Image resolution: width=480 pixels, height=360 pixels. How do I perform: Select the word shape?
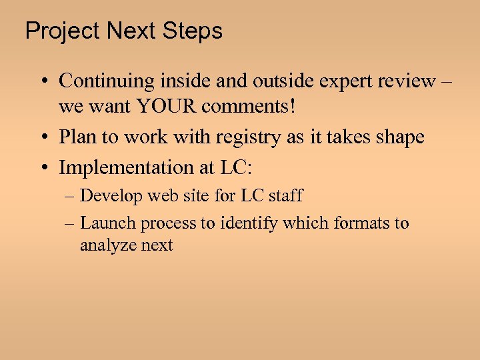pos(398,138)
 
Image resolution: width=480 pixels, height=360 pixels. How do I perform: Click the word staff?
pos(284,196)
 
